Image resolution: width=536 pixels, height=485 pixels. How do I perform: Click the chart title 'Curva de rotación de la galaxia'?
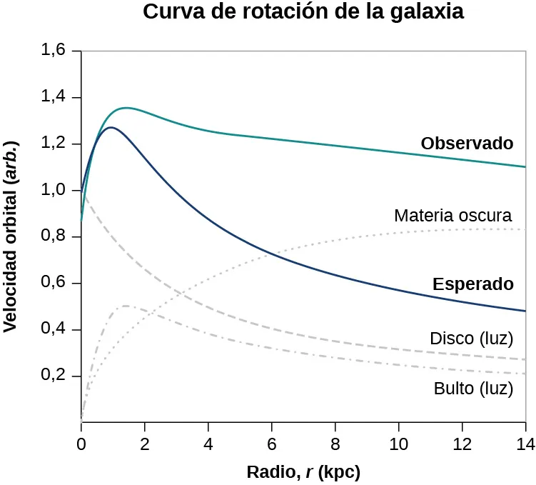click(303, 12)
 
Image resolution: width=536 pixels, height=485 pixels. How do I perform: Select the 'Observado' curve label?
click(467, 143)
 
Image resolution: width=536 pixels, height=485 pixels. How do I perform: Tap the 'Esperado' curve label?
click(472, 284)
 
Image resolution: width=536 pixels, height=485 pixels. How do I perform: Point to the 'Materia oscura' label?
click(452, 215)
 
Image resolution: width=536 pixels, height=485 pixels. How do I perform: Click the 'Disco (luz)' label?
click(471, 338)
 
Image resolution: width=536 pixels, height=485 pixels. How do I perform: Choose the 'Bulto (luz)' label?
click(473, 389)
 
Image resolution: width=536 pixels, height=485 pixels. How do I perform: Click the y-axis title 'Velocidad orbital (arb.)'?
click(11, 236)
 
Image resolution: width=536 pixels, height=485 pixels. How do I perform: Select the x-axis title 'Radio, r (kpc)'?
click(303, 472)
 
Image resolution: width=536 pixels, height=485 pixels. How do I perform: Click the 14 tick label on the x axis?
click(525, 441)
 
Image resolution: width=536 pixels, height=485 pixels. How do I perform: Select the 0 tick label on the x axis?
click(81, 441)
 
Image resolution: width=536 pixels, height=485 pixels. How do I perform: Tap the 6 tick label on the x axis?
click(271, 441)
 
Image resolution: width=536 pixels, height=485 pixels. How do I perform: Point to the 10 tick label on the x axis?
click(398, 441)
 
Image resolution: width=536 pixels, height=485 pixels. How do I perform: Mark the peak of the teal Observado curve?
click(126, 108)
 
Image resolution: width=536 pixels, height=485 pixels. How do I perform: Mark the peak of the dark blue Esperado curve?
click(111, 127)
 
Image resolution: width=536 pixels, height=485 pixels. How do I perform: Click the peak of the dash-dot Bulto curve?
click(125, 306)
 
